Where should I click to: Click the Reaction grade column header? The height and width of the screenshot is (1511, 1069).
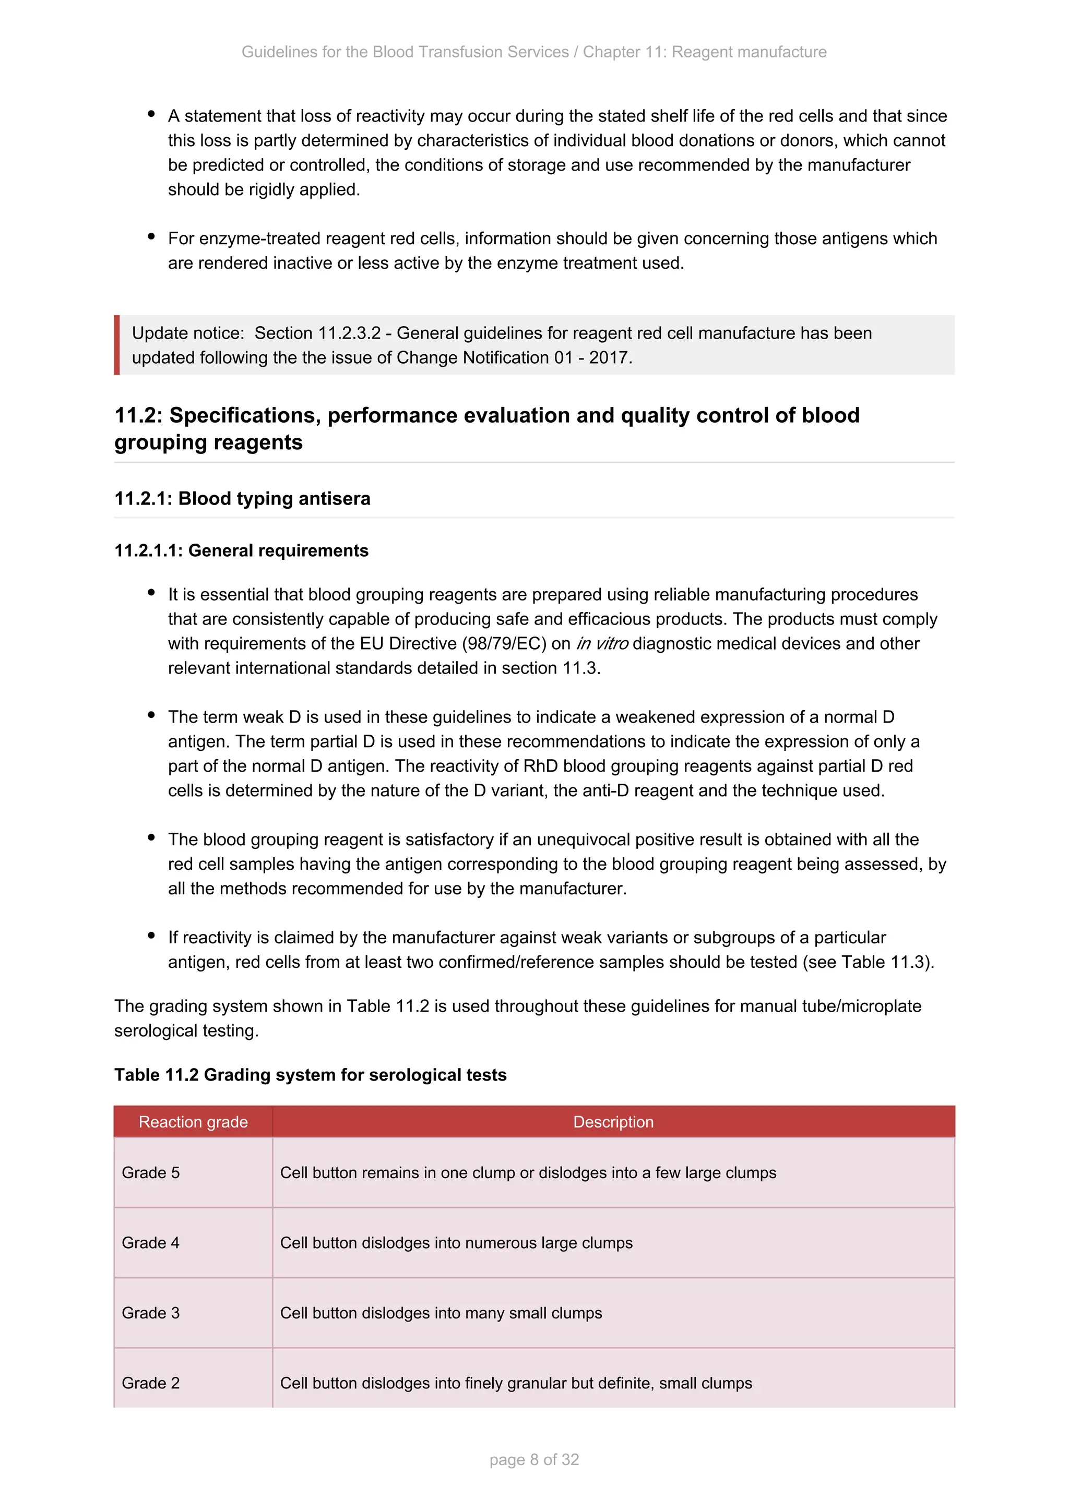193,1122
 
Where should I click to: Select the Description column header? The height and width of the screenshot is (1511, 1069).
613,1122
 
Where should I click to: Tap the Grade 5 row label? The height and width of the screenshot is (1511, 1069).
151,1173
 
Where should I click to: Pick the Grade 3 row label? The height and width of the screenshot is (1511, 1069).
151,1313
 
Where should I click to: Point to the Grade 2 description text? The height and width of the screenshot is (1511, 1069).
515,1383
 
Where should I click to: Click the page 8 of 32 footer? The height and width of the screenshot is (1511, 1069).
534,1460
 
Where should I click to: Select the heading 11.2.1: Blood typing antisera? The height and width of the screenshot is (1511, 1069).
242,499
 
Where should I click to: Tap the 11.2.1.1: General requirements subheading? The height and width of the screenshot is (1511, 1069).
241,551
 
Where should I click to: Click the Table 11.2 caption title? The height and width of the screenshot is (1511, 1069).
310,1075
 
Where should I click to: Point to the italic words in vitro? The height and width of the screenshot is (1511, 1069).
602,644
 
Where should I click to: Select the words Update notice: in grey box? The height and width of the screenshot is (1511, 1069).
187,333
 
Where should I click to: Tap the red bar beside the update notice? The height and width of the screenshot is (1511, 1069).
117,345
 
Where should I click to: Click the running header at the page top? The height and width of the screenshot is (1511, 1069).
534,52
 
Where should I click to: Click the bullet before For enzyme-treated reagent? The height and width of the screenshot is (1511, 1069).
151,236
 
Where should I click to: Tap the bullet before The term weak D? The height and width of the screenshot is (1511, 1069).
151,715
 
